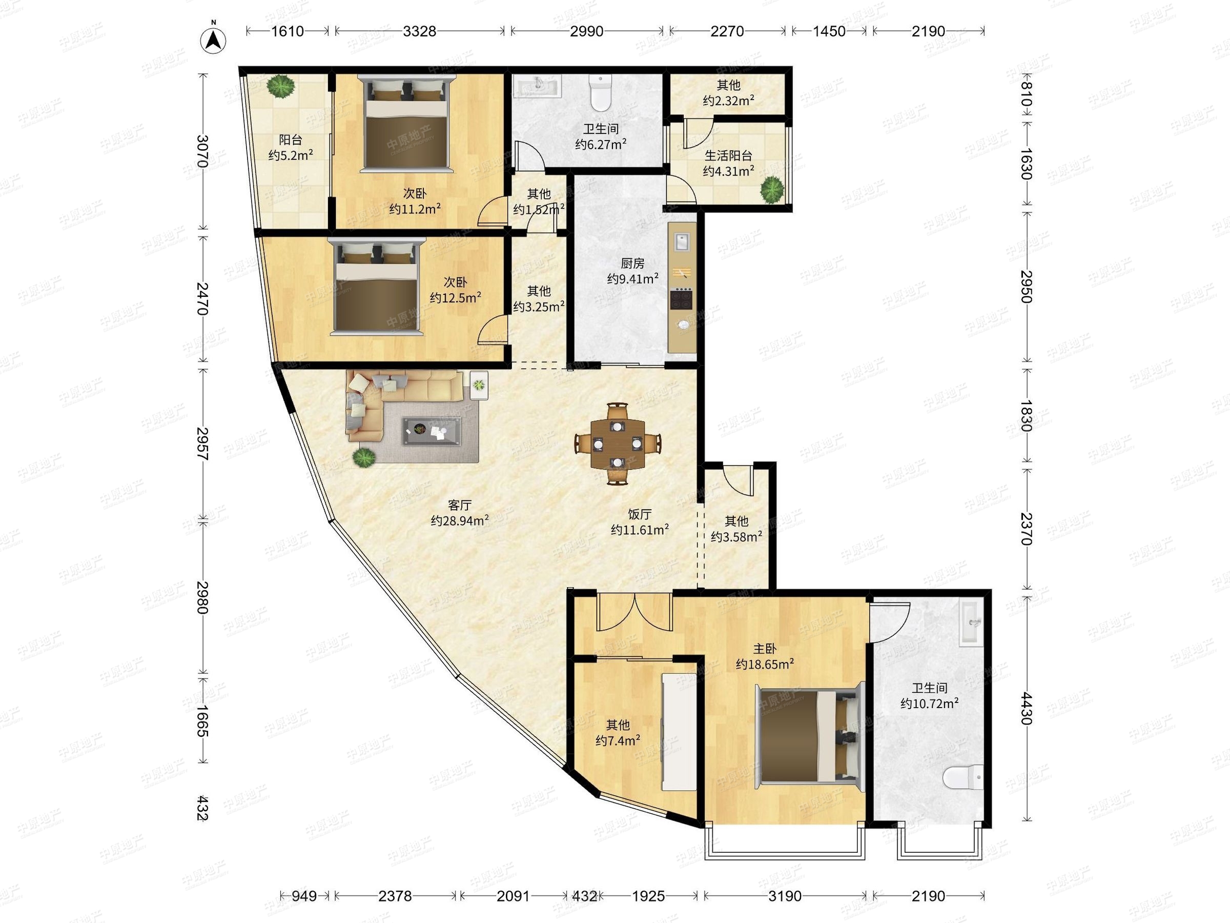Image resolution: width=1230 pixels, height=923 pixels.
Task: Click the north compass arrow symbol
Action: tap(213, 39)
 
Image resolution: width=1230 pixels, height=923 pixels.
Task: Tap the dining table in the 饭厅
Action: tap(617, 444)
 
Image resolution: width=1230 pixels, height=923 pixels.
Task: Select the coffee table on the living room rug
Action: tap(432, 431)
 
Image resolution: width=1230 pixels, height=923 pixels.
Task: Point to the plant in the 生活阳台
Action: tap(772, 189)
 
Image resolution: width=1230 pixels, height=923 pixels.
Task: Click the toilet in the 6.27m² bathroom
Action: tap(600, 93)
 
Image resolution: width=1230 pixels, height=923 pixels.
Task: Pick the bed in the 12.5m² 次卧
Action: tap(377, 287)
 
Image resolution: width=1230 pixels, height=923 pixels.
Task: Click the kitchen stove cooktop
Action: tap(682, 299)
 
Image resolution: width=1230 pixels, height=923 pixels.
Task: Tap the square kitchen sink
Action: tap(682, 242)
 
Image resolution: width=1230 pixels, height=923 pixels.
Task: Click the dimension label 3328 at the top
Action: tap(419, 31)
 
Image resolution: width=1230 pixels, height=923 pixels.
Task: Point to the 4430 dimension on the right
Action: tap(1027, 708)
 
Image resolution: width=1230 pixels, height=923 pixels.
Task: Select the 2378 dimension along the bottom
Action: tap(395, 896)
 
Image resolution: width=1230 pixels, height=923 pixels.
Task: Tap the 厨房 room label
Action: tap(632, 263)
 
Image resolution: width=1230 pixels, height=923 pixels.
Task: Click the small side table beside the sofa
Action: tap(479, 385)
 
